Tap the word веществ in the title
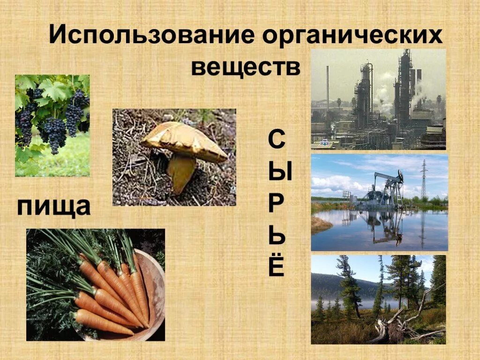(x=246, y=67)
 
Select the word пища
(x=54, y=206)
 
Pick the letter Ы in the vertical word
(x=280, y=172)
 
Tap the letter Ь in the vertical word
(x=277, y=235)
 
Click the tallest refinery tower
(x=404, y=87)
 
